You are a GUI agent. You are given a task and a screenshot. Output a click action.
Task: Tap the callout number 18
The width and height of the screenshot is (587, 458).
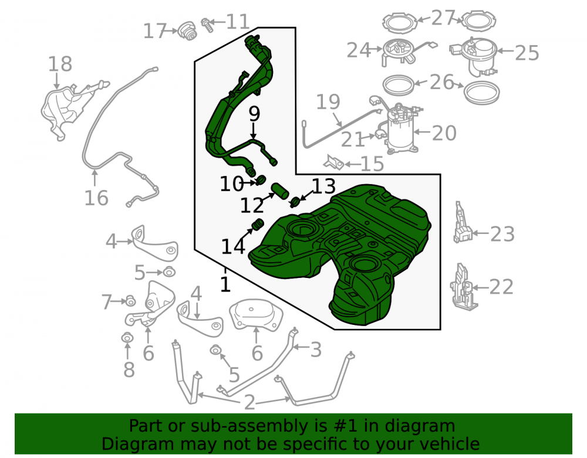60,64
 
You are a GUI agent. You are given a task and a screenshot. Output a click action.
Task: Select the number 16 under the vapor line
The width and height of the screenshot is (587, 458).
96,198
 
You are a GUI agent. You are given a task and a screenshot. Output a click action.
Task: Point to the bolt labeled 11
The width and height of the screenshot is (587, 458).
207,24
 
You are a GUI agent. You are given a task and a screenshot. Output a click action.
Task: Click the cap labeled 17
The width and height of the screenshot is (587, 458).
187,31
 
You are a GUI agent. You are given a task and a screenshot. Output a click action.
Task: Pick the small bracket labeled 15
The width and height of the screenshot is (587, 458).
334,162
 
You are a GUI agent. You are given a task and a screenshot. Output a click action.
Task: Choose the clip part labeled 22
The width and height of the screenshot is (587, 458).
463,286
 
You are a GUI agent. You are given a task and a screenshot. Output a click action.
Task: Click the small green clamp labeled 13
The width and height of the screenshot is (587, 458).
296,202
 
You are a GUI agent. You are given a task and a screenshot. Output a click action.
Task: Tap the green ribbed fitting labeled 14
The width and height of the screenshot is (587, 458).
257,225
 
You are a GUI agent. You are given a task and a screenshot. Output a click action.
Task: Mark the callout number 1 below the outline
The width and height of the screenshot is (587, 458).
225,284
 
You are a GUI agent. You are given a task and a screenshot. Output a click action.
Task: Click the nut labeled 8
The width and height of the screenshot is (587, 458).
127,338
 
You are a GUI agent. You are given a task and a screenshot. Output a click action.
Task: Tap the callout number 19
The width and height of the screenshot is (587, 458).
328,101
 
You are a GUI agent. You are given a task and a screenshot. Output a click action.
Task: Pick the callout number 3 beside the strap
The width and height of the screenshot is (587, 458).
316,350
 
